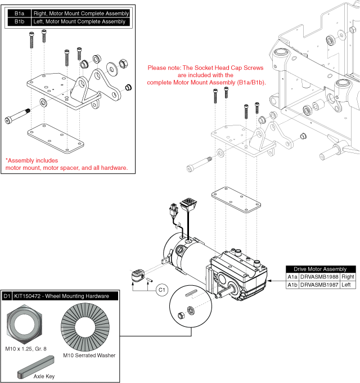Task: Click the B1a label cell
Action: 19,13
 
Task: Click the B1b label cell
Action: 19,22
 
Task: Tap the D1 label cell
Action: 7,296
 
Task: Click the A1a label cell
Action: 292,277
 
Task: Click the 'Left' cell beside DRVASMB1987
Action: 348,285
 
